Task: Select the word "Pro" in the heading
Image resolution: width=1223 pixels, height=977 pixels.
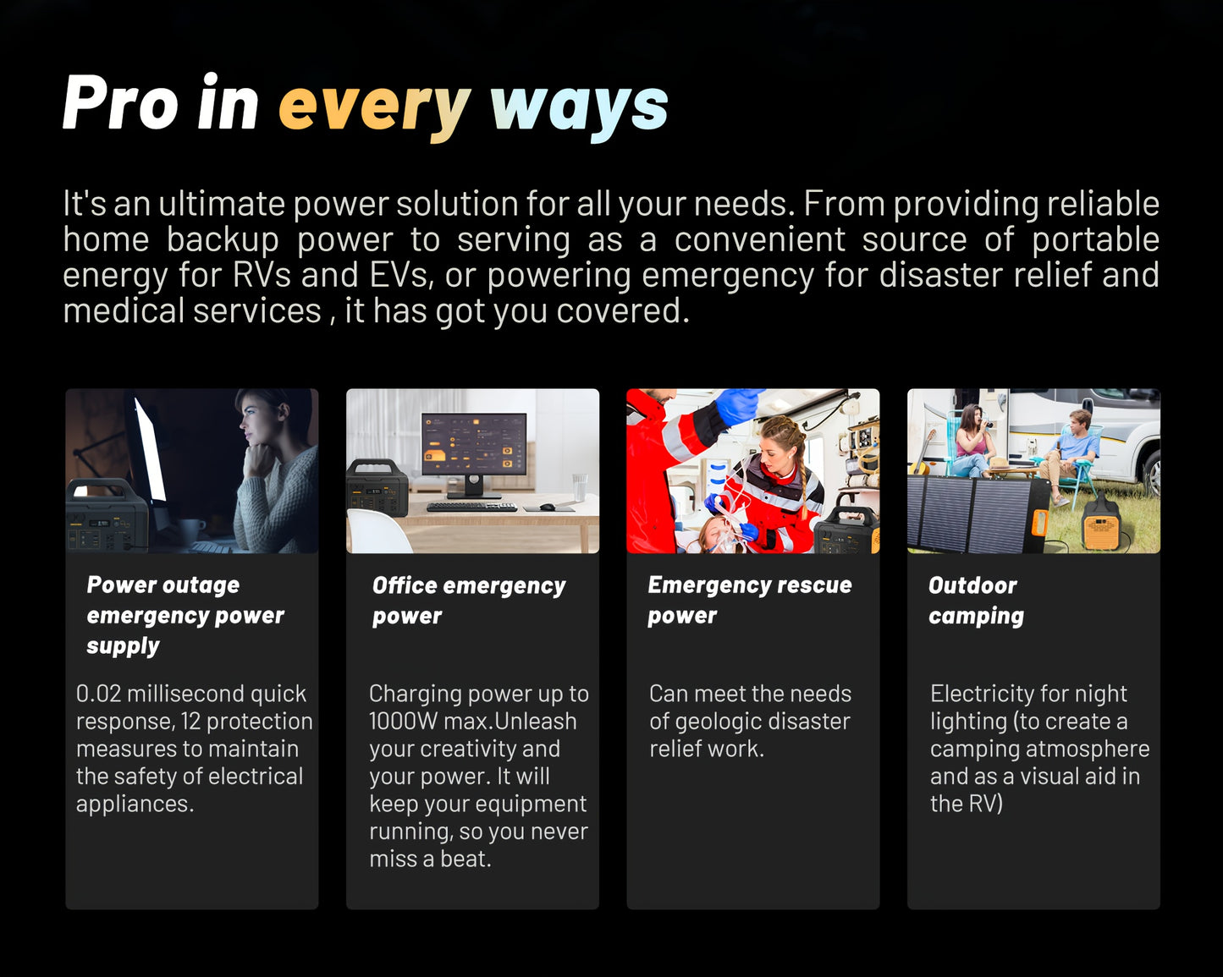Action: click(120, 102)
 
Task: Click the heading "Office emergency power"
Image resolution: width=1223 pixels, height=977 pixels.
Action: click(469, 601)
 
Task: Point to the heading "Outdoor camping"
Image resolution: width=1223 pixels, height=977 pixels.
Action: click(977, 601)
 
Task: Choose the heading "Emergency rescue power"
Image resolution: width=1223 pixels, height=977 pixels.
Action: click(750, 600)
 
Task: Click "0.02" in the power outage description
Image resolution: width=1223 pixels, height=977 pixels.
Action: click(98, 694)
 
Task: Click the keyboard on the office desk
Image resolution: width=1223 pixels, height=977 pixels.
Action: click(471, 507)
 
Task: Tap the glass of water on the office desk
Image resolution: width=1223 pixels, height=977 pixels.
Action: click(579, 487)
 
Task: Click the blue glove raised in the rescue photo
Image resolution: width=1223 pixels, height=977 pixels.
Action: click(738, 405)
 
